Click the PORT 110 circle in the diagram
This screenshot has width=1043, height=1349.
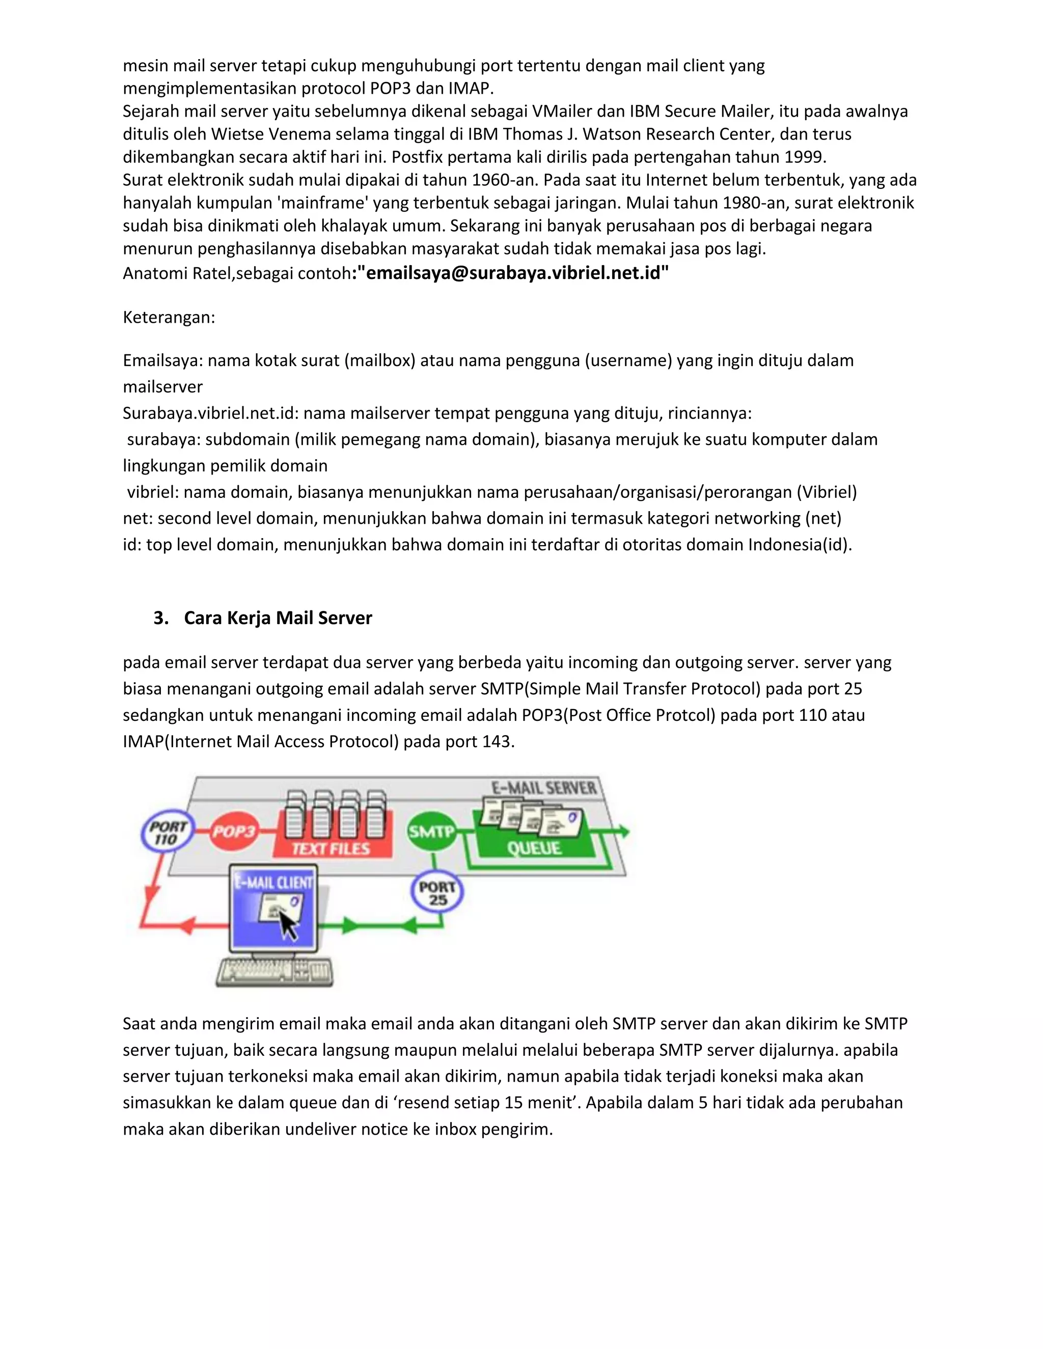point(168,833)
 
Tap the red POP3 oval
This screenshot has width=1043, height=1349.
point(234,831)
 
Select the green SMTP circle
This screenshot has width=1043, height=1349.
point(431,831)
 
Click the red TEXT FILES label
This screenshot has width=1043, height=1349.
point(331,849)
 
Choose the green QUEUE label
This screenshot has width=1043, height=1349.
point(534,848)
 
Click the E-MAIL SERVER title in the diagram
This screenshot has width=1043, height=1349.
point(544,788)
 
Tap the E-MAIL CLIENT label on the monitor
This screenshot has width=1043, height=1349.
point(273,882)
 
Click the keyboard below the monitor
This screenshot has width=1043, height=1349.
point(275,972)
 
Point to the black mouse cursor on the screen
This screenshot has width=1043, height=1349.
point(287,924)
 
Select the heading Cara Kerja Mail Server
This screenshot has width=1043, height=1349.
point(278,617)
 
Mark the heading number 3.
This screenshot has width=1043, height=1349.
point(160,617)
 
